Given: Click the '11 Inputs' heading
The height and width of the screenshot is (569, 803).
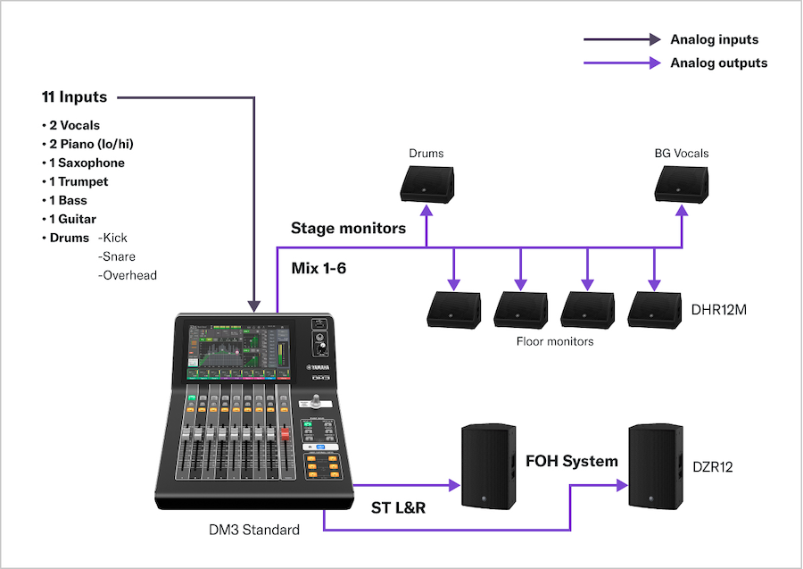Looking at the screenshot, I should point(74,97).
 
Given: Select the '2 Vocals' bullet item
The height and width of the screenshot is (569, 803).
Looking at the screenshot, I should point(70,126).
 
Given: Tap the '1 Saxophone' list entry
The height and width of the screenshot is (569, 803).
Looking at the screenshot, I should point(83,163).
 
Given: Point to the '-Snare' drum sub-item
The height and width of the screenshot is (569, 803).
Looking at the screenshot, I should point(117,257).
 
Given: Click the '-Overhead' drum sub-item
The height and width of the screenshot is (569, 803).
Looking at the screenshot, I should point(127,276).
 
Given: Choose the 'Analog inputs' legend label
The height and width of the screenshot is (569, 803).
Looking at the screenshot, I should point(714,40).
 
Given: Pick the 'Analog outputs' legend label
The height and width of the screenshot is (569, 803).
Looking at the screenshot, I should point(718,63).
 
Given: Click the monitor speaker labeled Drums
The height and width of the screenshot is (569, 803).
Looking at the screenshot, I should point(426,183).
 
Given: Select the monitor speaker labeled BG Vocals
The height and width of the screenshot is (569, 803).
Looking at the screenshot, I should point(682,183).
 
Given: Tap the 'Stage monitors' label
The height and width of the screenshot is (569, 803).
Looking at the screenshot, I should point(348,229).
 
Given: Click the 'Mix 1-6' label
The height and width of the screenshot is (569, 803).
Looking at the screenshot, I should point(319,268).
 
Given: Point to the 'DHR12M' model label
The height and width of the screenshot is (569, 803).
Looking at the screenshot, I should point(721,309).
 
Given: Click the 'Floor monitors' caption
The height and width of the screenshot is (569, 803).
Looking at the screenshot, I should point(554,341).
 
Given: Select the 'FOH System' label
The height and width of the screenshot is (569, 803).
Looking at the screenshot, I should point(572,462).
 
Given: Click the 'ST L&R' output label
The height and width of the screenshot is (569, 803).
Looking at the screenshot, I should point(398,508).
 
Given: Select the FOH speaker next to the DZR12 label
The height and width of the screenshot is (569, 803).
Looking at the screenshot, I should point(656,467).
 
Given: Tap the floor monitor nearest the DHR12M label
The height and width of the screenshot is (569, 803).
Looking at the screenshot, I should point(655,309).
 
